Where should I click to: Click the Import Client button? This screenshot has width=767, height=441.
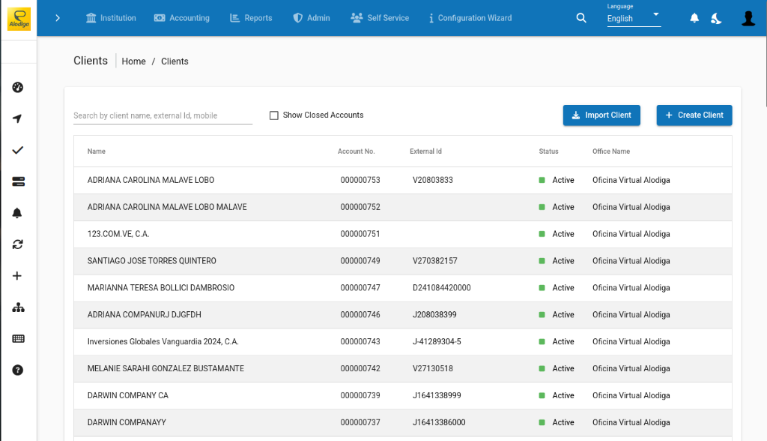pyautogui.click(x=601, y=115)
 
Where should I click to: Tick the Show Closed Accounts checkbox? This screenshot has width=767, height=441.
pyautogui.click(x=274, y=115)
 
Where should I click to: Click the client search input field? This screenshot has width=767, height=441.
pyautogui.click(x=163, y=115)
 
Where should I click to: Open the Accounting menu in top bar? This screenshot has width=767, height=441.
pyautogui.click(x=182, y=18)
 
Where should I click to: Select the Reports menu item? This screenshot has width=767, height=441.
pyautogui.click(x=251, y=18)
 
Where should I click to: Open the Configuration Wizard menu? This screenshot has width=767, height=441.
pyautogui.click(x=470, y=18)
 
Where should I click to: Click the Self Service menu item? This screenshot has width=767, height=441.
pyautogui.click(x=380, y=18)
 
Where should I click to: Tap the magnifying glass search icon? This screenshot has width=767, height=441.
pyautogui.click(x=581, y=18)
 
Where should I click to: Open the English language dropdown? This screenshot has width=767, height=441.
pyautogui.click(x=634, y=18)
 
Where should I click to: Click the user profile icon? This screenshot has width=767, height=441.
pyautogui.click(x=748, y=18)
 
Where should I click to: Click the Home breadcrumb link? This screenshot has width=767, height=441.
pyautogui.click(x=133, y=61)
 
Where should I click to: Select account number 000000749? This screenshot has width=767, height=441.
pyautogui.click(x=360, y=261)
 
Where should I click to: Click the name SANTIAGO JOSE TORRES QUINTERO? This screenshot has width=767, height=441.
pyautogui.click(x=152, y=261)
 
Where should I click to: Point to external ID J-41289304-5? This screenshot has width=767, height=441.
pyautogui.click(x=437, y=342)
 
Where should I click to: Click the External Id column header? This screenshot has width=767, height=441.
pyautogui.click(x=425, y=151)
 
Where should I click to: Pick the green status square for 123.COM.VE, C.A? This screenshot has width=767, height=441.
pyautogui.click(x=542, y=234)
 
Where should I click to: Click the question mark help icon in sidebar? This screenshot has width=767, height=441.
pyautogui.click(x=18, y=370)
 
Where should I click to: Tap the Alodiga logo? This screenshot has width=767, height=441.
pyautogui.click(x=19, y=19)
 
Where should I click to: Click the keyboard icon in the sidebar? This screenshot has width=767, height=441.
pyautogui.click(x=18, y=338)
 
